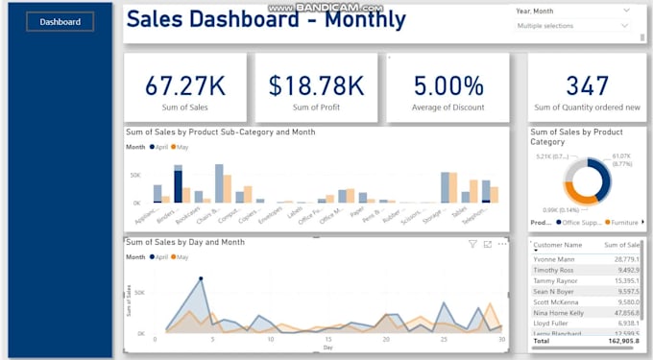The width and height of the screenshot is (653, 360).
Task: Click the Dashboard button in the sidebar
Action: (60, 21)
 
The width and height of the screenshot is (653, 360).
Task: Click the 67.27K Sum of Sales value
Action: (184, 85)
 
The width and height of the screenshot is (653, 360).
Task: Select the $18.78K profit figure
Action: (316, 85)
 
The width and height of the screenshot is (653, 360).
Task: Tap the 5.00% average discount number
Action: (447, 85)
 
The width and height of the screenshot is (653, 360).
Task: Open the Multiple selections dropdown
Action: (573, 26)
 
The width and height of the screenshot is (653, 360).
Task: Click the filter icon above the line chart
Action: (472, 244)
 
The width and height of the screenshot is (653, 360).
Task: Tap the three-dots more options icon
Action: (501, 244)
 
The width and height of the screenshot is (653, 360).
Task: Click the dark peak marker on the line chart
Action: (201, 279)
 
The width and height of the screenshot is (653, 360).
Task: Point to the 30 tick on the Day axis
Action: (501, 339)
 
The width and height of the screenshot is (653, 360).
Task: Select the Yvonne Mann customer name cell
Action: (553, 259)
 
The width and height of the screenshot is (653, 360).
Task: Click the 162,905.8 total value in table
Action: (622, 340)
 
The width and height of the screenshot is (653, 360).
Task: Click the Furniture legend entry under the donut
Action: (626, 222)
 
